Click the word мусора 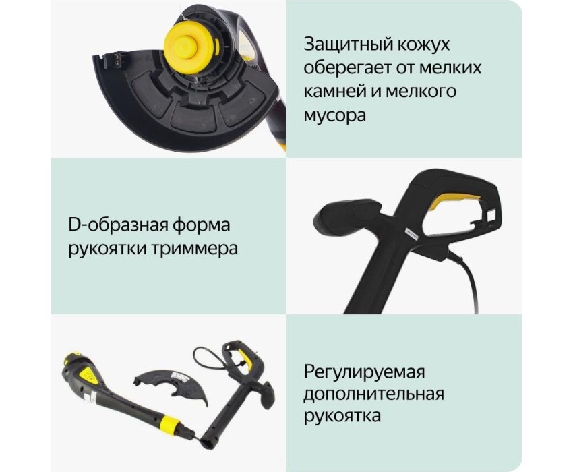click(x=334, y=116)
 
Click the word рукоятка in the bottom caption click(x=342, y=417)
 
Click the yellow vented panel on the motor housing click(x=90, y=374)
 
